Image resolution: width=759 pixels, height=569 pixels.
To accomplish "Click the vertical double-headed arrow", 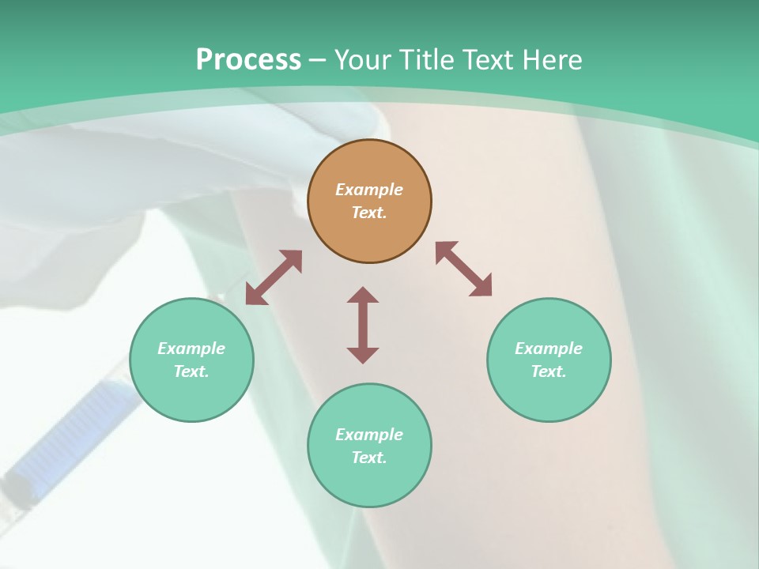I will [x=363, y=325].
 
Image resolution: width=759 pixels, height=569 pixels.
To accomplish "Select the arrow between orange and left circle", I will [x=274, y=277].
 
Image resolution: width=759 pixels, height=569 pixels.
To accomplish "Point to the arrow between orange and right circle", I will [x=464, y=269].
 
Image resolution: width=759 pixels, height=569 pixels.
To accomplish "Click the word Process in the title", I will [x=248, y=60].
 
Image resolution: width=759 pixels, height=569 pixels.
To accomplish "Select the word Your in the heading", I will [x=363, y=60].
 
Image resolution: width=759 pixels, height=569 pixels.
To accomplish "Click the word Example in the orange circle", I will [x=369, y=190].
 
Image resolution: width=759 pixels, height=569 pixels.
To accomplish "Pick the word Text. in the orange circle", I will [x=369, y=213].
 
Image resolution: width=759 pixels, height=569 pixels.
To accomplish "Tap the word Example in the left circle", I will [x=191, y=349].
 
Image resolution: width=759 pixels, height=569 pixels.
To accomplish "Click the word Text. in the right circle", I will [x=549, y=371].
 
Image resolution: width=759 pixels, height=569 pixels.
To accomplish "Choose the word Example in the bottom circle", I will [x=369, y=435].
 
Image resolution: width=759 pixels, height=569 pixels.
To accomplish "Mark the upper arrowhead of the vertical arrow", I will [x=363, y=295].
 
